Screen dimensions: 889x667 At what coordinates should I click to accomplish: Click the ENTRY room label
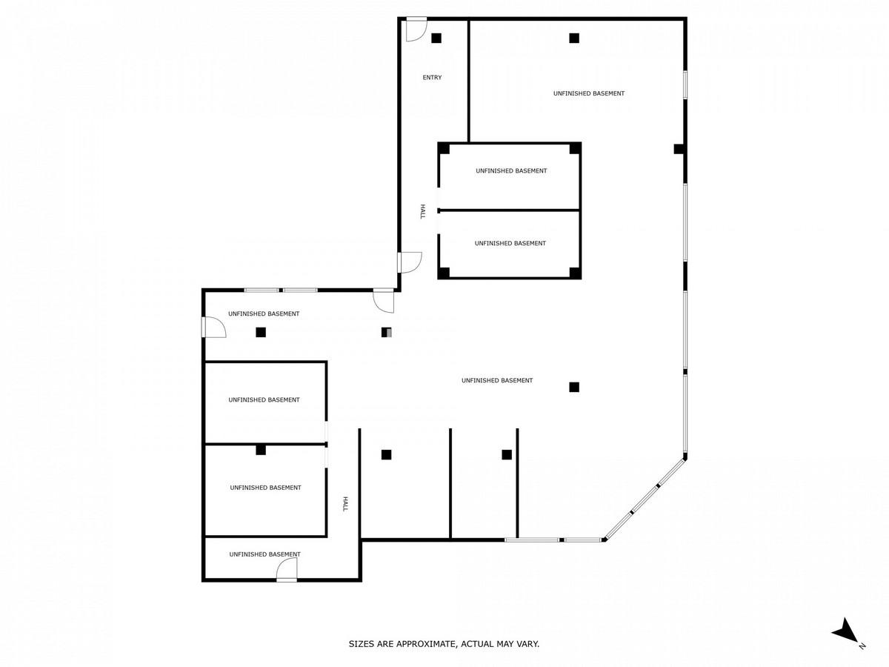tap(432, 77)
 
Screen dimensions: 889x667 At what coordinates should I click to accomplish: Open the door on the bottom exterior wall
tap(287, 569)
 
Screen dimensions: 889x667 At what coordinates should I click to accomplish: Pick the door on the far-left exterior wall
tap(213, 327)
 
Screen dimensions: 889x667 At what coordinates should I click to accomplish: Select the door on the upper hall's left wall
tap(410, 262)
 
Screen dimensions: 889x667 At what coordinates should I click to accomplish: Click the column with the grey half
tap(387, 333)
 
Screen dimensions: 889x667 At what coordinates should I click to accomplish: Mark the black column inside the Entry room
tap(436, 38)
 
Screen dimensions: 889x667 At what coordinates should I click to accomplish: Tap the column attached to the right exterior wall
tap(679, 149)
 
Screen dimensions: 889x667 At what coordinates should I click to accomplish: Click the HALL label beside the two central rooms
tap(422, 212)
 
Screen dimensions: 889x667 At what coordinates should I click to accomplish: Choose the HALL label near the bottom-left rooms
tap(345, 504)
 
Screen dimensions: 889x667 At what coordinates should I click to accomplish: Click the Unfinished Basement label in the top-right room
tap(589, 93)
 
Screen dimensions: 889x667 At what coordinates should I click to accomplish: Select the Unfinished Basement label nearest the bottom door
tap(265, 554)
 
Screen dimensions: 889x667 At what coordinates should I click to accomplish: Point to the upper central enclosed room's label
tap(511, 171)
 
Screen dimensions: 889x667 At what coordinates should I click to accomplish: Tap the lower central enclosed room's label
tap(510, 243)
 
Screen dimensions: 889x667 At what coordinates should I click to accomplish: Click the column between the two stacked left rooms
tap(261, 450)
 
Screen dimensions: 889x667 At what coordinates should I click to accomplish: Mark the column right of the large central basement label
tap(574, 387)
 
